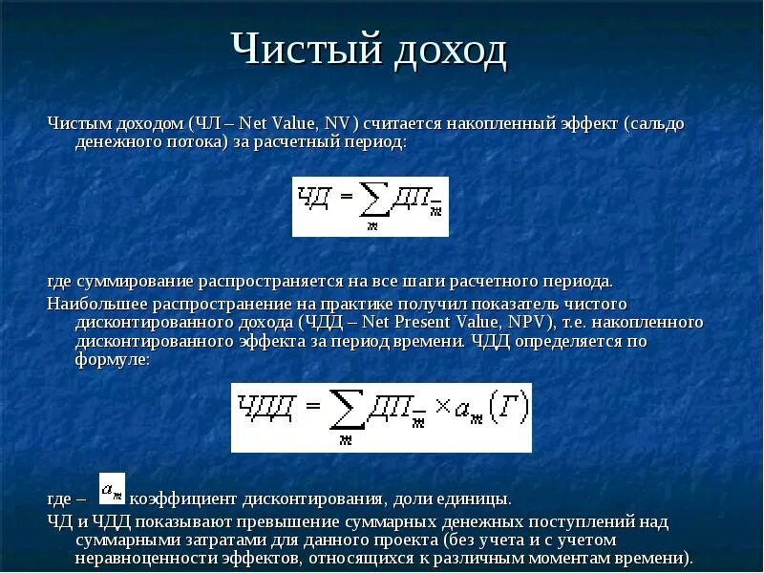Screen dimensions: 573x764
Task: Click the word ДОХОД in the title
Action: click(x=446, y=51)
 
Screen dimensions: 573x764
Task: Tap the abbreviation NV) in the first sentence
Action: click(x=340, y=124)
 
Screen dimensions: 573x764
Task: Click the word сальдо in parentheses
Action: click(x=656, y=124)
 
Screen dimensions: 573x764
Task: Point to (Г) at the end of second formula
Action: click(x=504, y=412)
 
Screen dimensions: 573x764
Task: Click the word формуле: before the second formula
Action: click(x=112, y=361)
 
